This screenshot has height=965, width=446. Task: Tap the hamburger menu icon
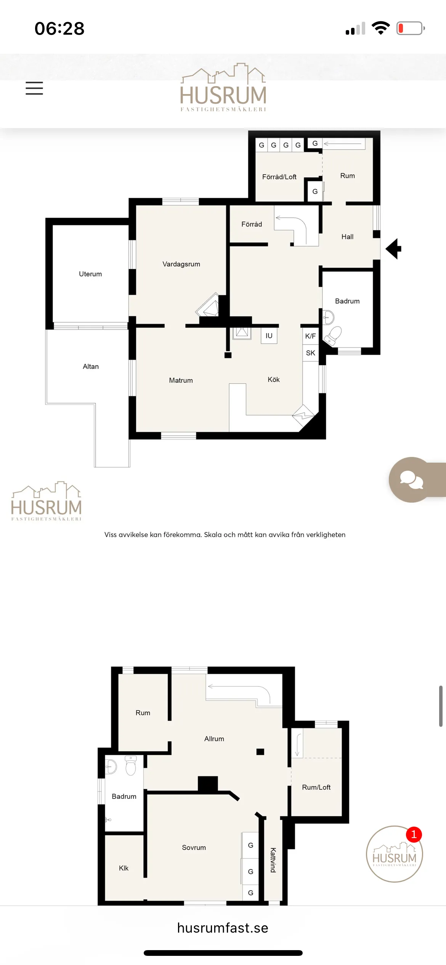(34, 88)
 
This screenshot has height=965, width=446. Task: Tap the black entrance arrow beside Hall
(394, 249)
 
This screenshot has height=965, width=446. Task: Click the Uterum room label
(90, 274)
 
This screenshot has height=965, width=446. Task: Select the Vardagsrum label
(181, 264)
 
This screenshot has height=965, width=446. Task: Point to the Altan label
(91, 367)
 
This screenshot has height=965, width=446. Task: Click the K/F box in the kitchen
(310, 336)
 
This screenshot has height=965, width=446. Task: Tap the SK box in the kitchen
(310, 353)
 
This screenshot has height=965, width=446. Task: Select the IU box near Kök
(269, 336)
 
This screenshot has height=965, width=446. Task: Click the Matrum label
(181, 380)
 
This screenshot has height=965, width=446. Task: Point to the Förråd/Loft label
(279, 177)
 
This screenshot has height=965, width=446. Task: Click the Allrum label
(214, 739)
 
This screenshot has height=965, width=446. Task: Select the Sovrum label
(194, 848)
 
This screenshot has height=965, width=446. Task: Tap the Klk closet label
(124, 868)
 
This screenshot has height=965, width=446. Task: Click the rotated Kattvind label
(273, 860)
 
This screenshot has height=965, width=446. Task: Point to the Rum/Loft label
(316, 787)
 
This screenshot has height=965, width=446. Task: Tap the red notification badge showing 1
(414, 835)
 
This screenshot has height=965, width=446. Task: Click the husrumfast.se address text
(223, 928)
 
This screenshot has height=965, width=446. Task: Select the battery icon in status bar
(410, 28)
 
